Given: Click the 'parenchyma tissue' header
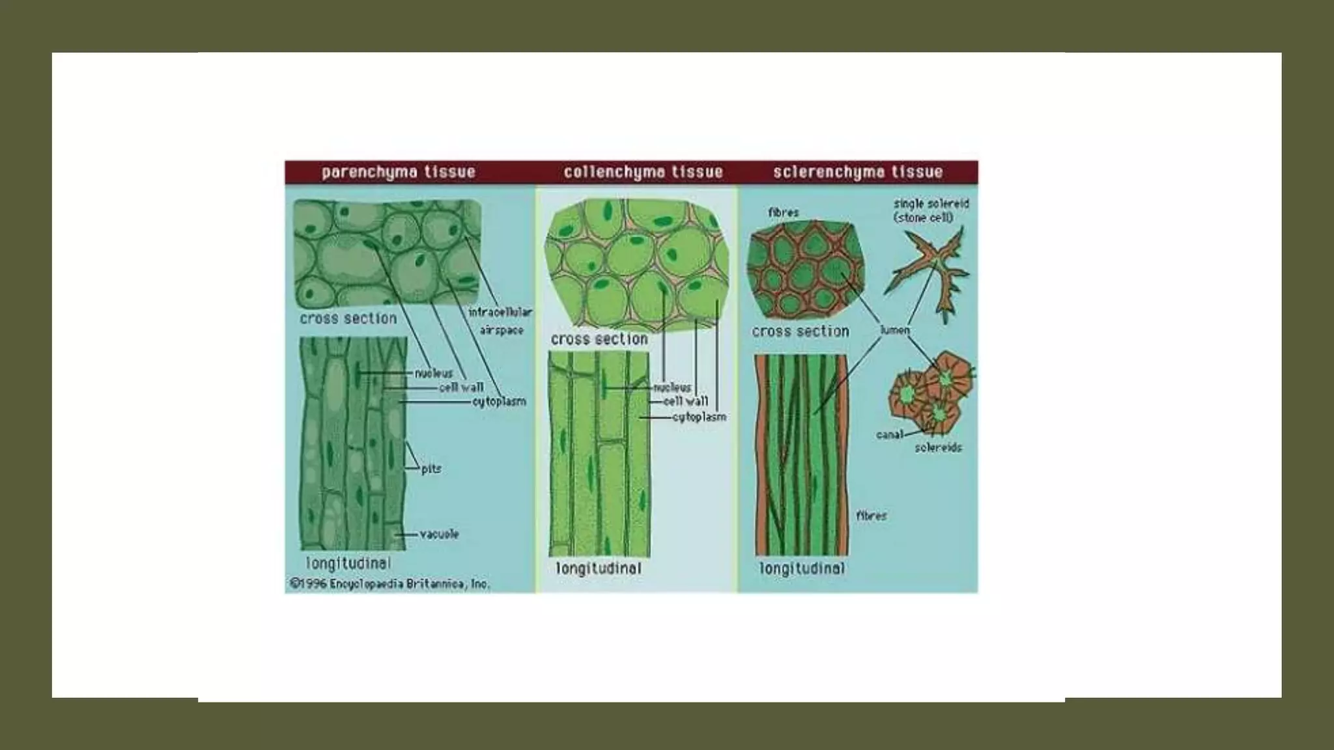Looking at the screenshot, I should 398,173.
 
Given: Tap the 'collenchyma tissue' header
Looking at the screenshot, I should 643,173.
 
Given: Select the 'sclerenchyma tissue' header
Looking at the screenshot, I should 858,173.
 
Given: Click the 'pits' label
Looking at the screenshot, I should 431,469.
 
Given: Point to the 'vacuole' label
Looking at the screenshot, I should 440,535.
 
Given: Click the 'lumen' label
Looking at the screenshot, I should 894,331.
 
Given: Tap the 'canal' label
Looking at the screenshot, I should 889,434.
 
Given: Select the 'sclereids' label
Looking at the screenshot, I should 938,448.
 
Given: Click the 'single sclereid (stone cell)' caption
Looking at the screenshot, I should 931,210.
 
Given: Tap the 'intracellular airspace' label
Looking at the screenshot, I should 500,321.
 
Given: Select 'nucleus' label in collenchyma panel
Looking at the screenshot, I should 672,387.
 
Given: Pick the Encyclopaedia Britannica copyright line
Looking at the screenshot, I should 390,584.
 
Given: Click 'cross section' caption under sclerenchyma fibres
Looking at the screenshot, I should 801,331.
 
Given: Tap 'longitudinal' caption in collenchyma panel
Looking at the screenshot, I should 599,568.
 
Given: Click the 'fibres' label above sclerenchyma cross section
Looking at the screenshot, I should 783,213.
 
